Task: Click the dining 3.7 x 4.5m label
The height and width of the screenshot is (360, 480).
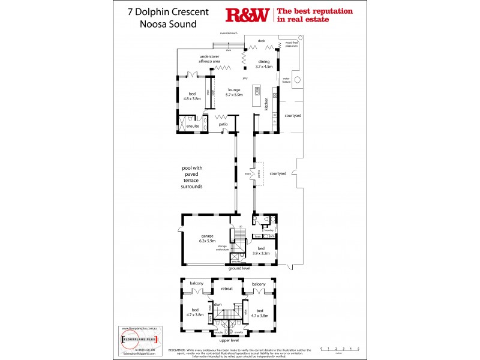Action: (x=265, y=64)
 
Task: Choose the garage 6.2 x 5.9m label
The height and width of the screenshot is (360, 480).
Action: (x=207, y=238)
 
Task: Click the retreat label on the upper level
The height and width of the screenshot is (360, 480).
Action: (x=226, y=289)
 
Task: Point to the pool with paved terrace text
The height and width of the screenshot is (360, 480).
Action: (x=192, y=178)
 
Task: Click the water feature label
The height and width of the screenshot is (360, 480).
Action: (x=286, y=79)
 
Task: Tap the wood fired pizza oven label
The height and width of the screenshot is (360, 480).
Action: (x=292, y=44)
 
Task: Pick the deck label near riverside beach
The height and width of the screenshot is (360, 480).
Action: (x=261, y=41)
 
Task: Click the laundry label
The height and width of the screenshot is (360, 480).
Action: (x=268, y=229)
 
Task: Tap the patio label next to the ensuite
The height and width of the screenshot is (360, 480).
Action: (x=223, y=124)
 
